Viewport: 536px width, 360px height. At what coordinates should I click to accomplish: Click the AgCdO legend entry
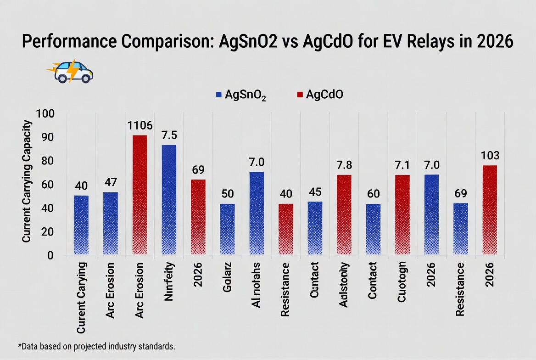click(320, 95)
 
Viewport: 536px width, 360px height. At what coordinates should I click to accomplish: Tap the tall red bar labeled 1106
click(140, 195)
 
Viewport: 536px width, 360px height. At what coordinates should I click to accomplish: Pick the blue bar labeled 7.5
click(169, 200)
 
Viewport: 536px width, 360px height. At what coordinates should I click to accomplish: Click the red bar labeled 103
click(490, 210)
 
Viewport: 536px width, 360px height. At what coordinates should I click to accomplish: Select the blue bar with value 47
click(110, 223)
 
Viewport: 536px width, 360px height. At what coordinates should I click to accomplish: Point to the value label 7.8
click(344, 165)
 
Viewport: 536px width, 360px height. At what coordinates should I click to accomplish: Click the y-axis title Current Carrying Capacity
click(27, 181)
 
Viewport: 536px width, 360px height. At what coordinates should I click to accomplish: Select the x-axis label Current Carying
click(81, 298)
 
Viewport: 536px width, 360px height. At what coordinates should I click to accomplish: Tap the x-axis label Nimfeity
click(169, 281)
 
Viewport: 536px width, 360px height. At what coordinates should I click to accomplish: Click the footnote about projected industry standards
click(96, 346)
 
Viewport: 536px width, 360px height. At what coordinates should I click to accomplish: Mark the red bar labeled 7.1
click(402, 214)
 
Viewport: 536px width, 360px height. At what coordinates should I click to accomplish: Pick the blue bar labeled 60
click(373, 229)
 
